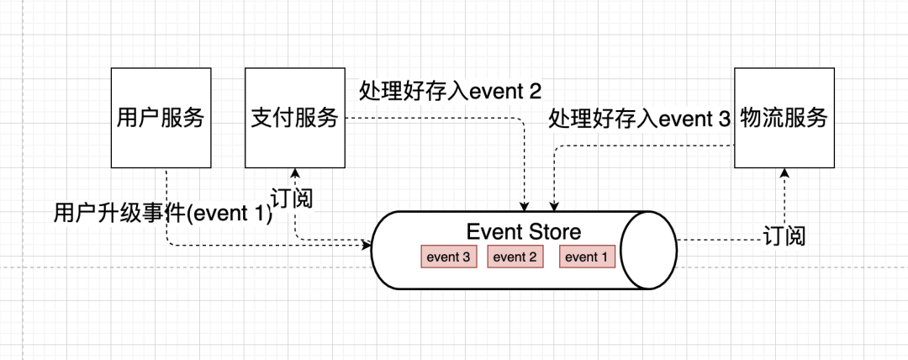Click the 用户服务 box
pyautogui.click(x=160, y=118)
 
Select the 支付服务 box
pyautogui.click(x=294, y=118)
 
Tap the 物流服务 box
pyautogui.click(x=784, y=118)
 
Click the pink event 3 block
pyautogui.click(x=447, y=257)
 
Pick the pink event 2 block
pyautogui.click(x=515, y=257)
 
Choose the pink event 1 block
pyautogui.click(x=587, y=257)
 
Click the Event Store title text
pyautogui.click(x=523, y=231)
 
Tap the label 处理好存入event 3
pyautogui.click(x=640, y=119)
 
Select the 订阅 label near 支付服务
pyautogui.click(x=292, y=199)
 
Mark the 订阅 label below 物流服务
pyautogui.click(x=784, y=236)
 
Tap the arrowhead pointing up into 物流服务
pyautogui.click(x=784, y=172)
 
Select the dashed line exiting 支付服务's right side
pyautogui.click(x=437, y=118)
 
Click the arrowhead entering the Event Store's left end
pyautogui.click(x=367, y=245)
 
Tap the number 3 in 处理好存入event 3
pyautogui.click(x=725, y=119)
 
